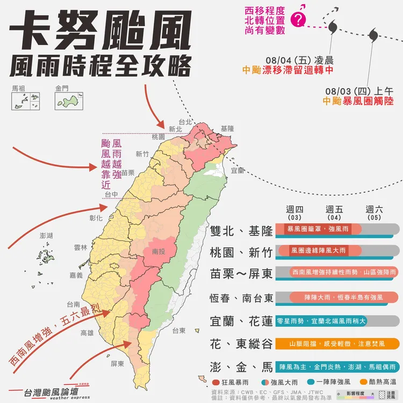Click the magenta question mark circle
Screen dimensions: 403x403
[299, 20]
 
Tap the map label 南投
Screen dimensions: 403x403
[159, 251]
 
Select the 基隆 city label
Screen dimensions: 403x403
[228, 129]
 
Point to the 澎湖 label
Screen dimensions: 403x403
[47, 236]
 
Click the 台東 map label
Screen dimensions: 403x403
[179, 330]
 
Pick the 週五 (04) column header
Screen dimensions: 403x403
[334, 213]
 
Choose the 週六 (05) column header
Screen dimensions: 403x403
[374, 213]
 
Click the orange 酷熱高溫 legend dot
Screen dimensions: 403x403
[364, 382]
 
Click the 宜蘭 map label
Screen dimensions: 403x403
[238, 170]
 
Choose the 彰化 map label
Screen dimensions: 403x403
[96, 218]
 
